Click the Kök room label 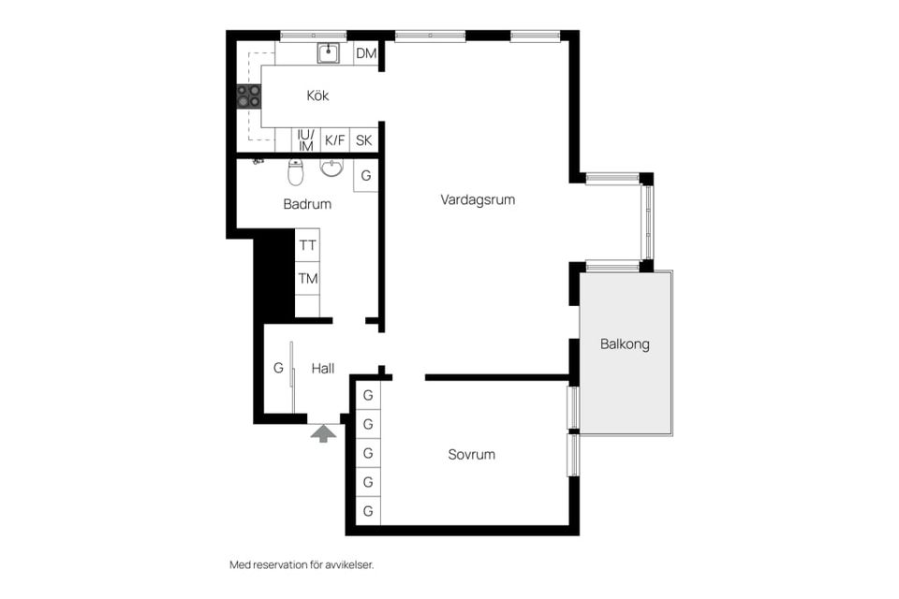317,95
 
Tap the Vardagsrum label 478,199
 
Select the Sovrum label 471,455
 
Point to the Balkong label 625,343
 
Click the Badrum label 307,204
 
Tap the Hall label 323,369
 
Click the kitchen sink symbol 329,53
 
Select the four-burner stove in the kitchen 249,96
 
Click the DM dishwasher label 366,53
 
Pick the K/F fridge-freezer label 335,140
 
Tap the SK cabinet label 363,140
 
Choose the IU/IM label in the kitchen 305,140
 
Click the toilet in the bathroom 295,172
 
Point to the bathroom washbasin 332,168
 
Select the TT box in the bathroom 307,245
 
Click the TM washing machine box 307,279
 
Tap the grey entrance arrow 323,433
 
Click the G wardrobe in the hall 278,368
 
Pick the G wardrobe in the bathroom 366,175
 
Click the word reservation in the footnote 280,565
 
